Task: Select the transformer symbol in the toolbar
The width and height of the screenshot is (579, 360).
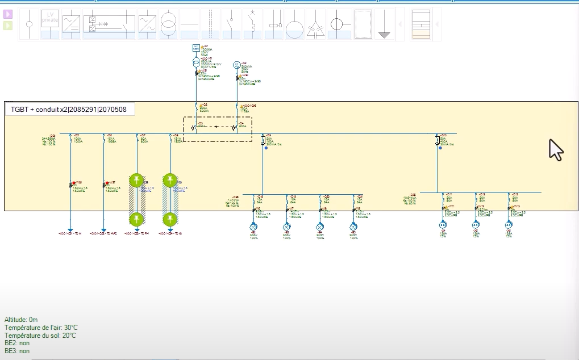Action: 169,24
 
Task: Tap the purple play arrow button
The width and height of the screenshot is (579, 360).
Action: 8,14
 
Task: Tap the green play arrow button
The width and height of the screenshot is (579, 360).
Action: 8,26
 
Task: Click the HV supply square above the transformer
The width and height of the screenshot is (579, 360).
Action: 196,48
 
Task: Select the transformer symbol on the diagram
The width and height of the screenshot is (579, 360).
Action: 196,62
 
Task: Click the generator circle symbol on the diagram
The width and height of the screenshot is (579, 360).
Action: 237,65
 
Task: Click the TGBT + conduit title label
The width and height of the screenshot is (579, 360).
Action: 70,109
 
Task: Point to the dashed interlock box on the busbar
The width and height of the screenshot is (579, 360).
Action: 217,129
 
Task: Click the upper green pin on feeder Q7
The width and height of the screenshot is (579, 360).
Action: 137,181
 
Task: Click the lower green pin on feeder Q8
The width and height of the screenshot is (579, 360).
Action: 169,219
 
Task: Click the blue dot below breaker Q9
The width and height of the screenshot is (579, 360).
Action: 265,148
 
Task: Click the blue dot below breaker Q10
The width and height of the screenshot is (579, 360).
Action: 440,148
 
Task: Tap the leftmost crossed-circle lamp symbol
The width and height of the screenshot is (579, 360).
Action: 254,227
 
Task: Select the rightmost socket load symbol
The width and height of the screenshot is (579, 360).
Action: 509,225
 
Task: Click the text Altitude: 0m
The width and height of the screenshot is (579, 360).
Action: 21,320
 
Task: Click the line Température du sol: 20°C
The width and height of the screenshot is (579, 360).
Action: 40,336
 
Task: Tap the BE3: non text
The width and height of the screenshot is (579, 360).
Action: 17,351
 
